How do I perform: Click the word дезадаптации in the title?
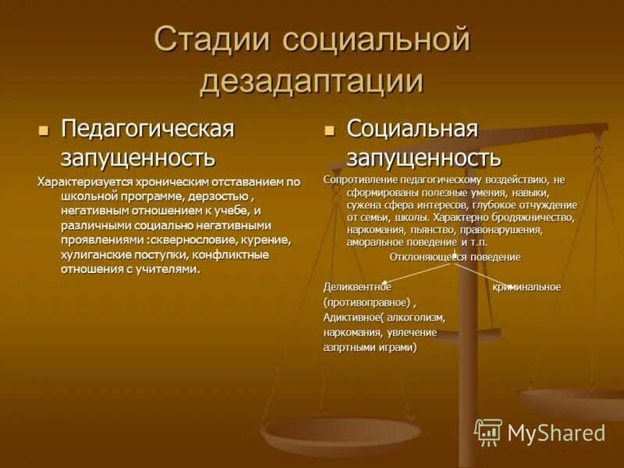tap(311, 81)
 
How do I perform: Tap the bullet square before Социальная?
tap(330, 128)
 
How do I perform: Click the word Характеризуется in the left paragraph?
tap(83, 182)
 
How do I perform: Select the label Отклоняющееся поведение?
tap(455, 257)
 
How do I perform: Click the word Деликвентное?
tap(357, 287)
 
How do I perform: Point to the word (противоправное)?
tap(367, 302)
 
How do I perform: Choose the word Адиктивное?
tap(351, 317)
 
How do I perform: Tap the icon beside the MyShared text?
tap(488, 432)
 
